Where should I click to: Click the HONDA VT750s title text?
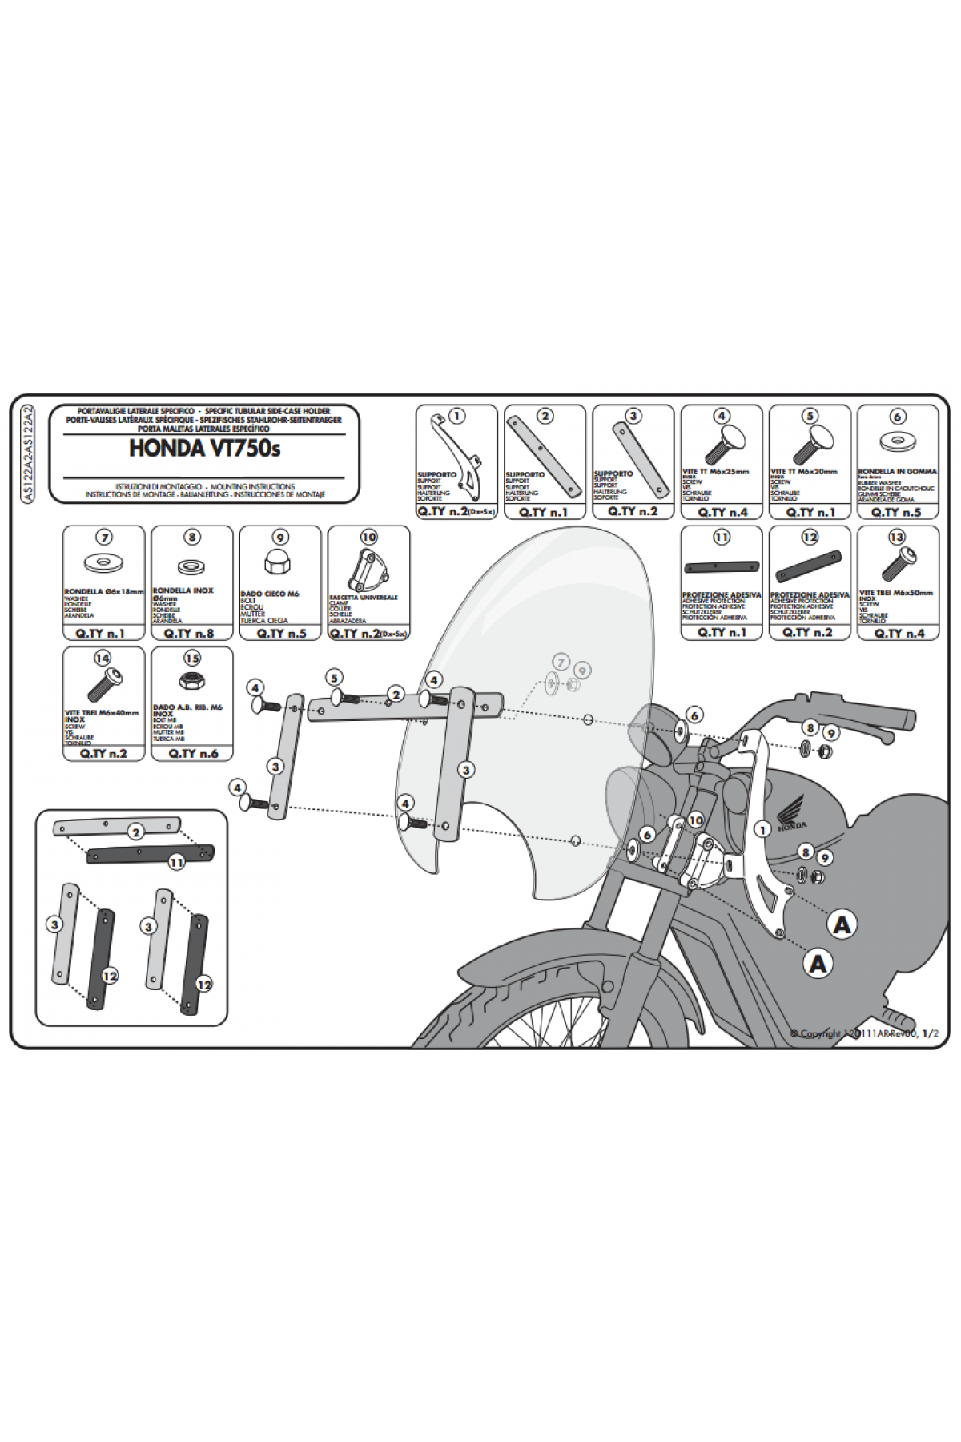[x=204, y=449]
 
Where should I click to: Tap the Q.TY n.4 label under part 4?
[x=722, y=512]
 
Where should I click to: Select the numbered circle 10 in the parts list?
[x=368, y=537]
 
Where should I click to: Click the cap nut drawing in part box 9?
[x=279, y=565]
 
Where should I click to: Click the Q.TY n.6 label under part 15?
[x=193, y=753]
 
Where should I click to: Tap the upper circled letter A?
[x=842, y=925]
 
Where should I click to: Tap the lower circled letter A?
[x=818, y=963]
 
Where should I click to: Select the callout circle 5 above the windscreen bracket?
[x=335, y=678]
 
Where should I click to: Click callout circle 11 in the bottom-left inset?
[x=176, y=862]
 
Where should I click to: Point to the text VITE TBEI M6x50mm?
[x=896, y=593]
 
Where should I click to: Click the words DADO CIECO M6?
[x=270, y=594]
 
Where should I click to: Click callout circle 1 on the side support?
[x=762, y=830]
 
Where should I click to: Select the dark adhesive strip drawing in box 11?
[x=721, y=566]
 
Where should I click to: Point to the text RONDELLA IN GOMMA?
[x=897, y=472]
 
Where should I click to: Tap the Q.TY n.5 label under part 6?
[x=896, y=512]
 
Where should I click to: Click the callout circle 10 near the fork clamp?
[x=695, y=820]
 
